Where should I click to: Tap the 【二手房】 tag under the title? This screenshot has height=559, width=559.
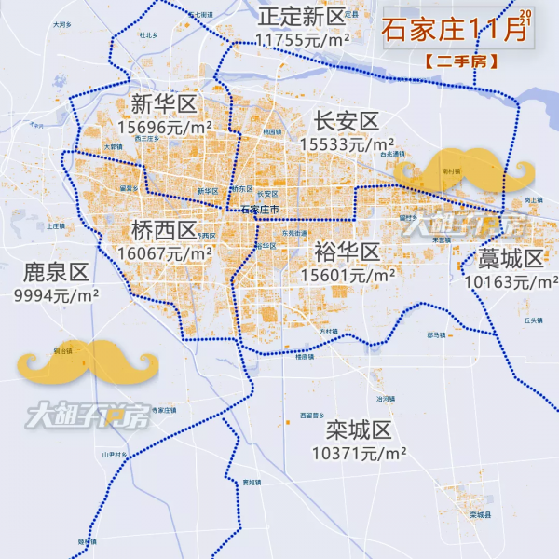[x=460, y=61]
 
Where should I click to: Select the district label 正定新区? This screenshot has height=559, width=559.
[x=302, y=18]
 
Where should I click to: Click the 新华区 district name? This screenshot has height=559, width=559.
[x=163, y=102]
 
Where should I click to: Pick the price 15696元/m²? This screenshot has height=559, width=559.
[x=164, y=125]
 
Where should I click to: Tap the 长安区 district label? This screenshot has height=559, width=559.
[x=347, y=121]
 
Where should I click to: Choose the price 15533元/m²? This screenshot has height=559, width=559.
[x=347, y=144]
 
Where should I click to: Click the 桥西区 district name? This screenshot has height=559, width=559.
[x=164, y=230]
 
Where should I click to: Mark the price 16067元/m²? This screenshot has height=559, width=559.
[x=164, y=252]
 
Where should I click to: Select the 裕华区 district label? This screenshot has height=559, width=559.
[x=347, y=252]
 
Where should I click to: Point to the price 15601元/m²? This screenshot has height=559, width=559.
[x=347, y=275]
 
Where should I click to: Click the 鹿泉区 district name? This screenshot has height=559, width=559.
[x=55, y=272]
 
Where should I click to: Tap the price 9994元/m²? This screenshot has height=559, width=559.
[x=55, y=294]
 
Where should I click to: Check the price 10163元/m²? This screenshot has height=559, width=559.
[x=511, y=280]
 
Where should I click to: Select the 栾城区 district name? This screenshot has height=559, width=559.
[x=359, y=431]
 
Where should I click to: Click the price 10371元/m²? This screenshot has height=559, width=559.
[x=359, y=454]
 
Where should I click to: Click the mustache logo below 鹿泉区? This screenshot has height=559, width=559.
[x=88, y=363]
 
